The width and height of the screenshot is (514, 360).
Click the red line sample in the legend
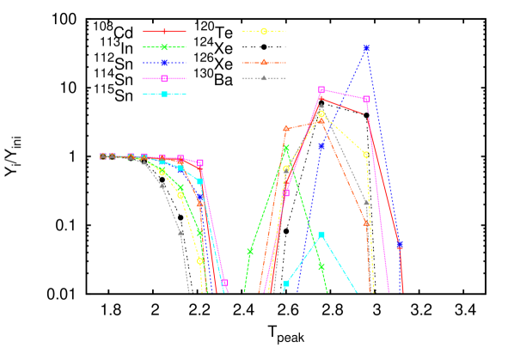point(164,32)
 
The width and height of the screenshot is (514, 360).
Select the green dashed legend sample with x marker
point(164,47)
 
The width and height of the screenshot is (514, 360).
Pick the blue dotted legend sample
point(164,63)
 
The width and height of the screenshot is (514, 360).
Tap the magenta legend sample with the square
point(164,78)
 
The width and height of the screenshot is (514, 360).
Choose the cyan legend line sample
point(164,94)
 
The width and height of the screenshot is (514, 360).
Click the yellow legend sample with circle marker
point(264,31)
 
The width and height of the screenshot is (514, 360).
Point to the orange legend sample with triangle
point(264,63)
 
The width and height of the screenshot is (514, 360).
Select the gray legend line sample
point(264,78)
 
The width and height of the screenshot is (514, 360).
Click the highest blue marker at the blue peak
point(366,49)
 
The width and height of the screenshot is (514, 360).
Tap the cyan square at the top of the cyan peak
point(321,235)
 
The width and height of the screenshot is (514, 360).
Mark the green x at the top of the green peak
point(286,148)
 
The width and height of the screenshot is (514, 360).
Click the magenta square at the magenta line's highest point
point(321,89)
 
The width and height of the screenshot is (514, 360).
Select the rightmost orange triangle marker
point(366,223)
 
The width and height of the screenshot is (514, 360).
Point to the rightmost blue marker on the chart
point(400,245)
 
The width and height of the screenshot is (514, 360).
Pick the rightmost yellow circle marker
point(366,155)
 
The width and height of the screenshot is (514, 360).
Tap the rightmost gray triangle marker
point(366,203)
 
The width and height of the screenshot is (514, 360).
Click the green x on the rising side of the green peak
point(250,251)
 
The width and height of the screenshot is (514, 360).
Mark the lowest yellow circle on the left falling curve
point(200,260)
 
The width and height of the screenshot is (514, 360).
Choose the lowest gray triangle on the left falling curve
point(180,231)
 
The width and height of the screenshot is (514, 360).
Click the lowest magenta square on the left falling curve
point(224,282)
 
